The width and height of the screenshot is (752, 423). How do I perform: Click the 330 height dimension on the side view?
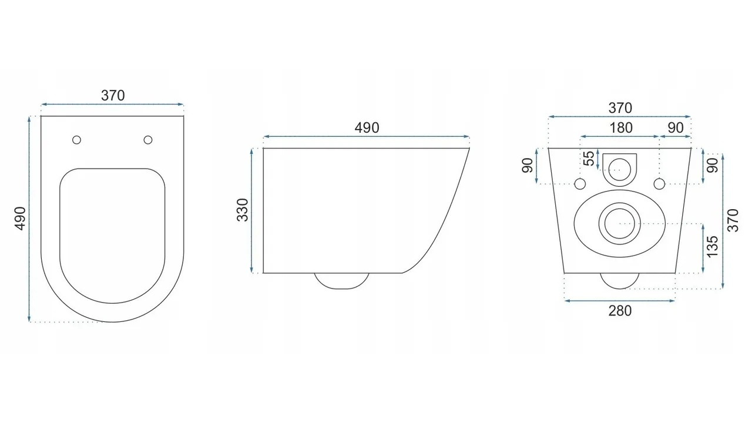[243, 210]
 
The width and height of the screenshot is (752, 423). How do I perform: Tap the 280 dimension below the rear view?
[620, 311]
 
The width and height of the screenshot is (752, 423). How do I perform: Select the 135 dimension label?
[712, 247]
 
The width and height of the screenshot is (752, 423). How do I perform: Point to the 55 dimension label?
[589, 159]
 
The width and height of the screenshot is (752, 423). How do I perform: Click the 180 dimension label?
[621, 128]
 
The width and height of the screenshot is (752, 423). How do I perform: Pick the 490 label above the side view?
[367, 128]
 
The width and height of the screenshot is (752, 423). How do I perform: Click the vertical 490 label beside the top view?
[20, 219]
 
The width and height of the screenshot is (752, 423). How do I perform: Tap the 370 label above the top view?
[113, 96]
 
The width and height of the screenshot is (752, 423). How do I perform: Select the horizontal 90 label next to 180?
[676, 128]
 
